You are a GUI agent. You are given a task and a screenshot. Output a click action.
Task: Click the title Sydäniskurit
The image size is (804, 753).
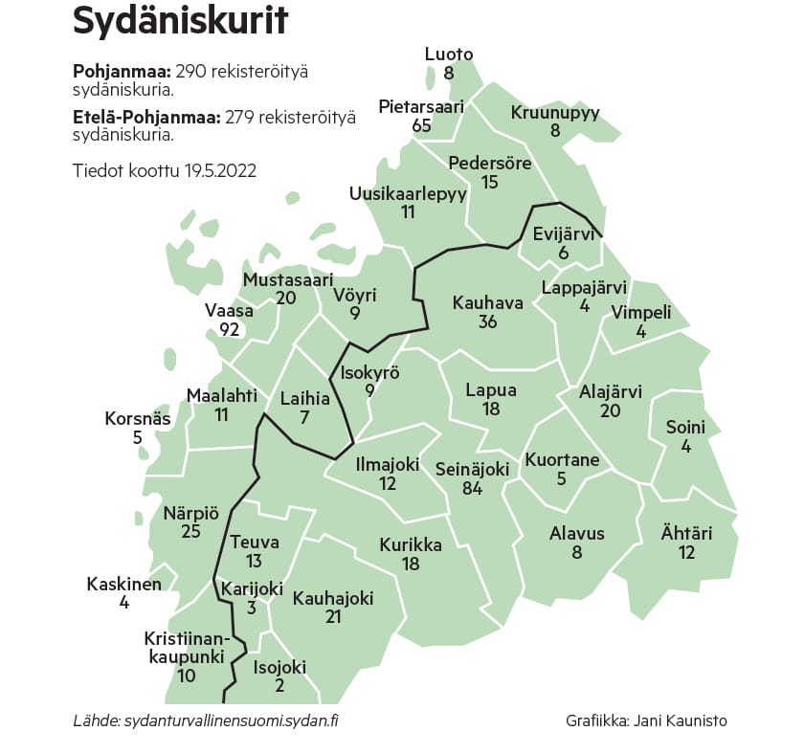tap(180, 22)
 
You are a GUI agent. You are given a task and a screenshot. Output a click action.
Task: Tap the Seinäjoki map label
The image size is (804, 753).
tap(472, 469)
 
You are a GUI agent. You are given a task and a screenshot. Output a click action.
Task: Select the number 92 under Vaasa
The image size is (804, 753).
tap(229, 330)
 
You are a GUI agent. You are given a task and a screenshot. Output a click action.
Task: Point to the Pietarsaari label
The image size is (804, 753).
tap(421, 106)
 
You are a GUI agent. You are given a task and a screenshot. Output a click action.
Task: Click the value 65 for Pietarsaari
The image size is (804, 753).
tap(421, 125)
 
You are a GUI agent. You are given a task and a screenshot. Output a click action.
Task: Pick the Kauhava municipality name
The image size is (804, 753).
tap(487, 303)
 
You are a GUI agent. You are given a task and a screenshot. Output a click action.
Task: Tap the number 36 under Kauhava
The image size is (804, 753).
tap(487, 322)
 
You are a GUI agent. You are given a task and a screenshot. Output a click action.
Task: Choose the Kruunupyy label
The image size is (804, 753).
tap(555, 113)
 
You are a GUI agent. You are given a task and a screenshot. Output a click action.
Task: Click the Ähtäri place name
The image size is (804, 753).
tap(686, 534)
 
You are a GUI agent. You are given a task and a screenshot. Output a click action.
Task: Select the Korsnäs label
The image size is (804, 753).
tap(138, 419)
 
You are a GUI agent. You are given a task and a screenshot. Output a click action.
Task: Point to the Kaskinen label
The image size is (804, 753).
tap(124, 584)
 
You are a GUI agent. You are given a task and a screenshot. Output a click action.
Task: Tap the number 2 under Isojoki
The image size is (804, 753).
tap(279, 686)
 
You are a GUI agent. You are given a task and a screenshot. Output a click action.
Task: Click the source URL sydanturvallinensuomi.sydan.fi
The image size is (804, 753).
tap(231, 720)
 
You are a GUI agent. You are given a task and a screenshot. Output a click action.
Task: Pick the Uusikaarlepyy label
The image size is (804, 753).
tap(408, 193)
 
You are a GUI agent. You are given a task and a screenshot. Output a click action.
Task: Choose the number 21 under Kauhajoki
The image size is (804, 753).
tap(332, 617)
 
